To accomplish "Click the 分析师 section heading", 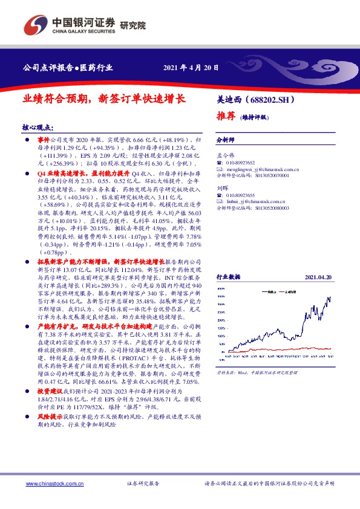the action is (225, 139).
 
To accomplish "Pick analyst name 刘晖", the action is (222, 187).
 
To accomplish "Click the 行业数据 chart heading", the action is (228, 276).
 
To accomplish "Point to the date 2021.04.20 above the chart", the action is (318, 276).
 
